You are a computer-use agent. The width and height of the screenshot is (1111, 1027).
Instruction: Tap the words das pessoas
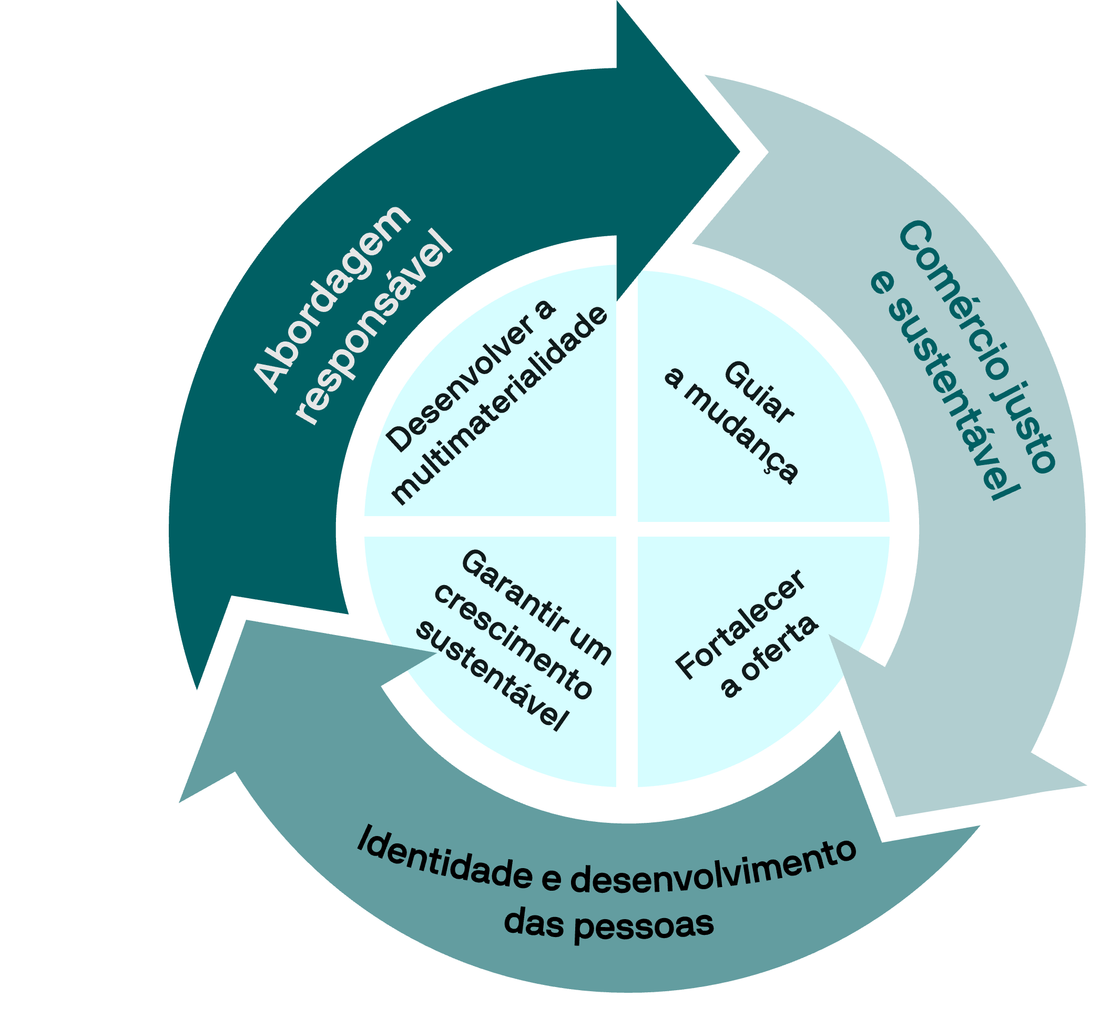coord(608,925)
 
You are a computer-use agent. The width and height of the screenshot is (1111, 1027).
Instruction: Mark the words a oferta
coord(770,656)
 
